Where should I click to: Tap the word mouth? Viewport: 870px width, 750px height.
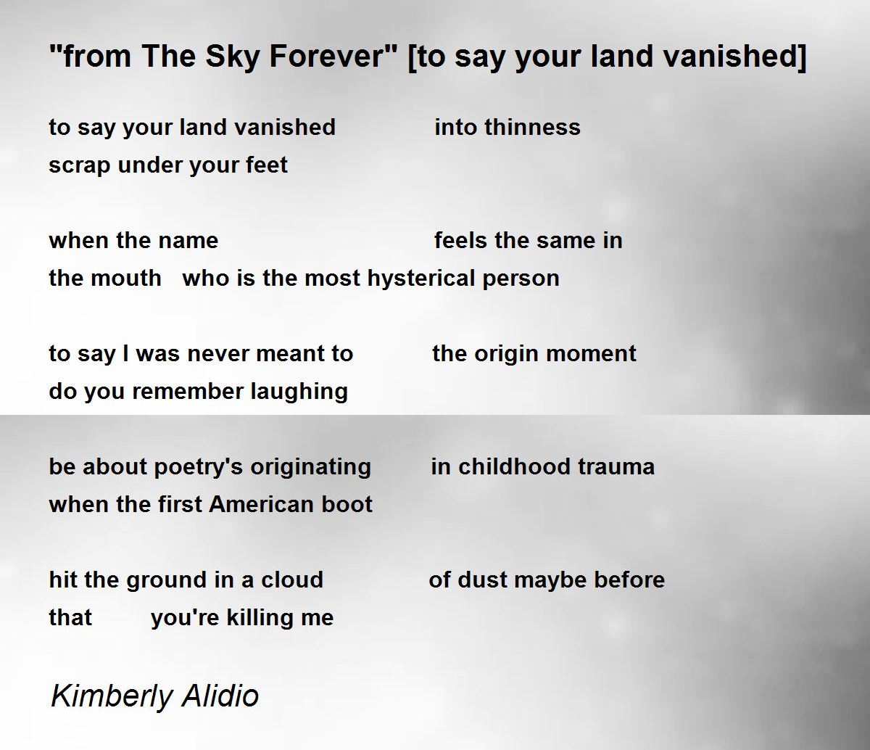(126, 278)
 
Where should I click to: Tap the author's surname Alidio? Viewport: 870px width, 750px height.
(220, 696)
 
